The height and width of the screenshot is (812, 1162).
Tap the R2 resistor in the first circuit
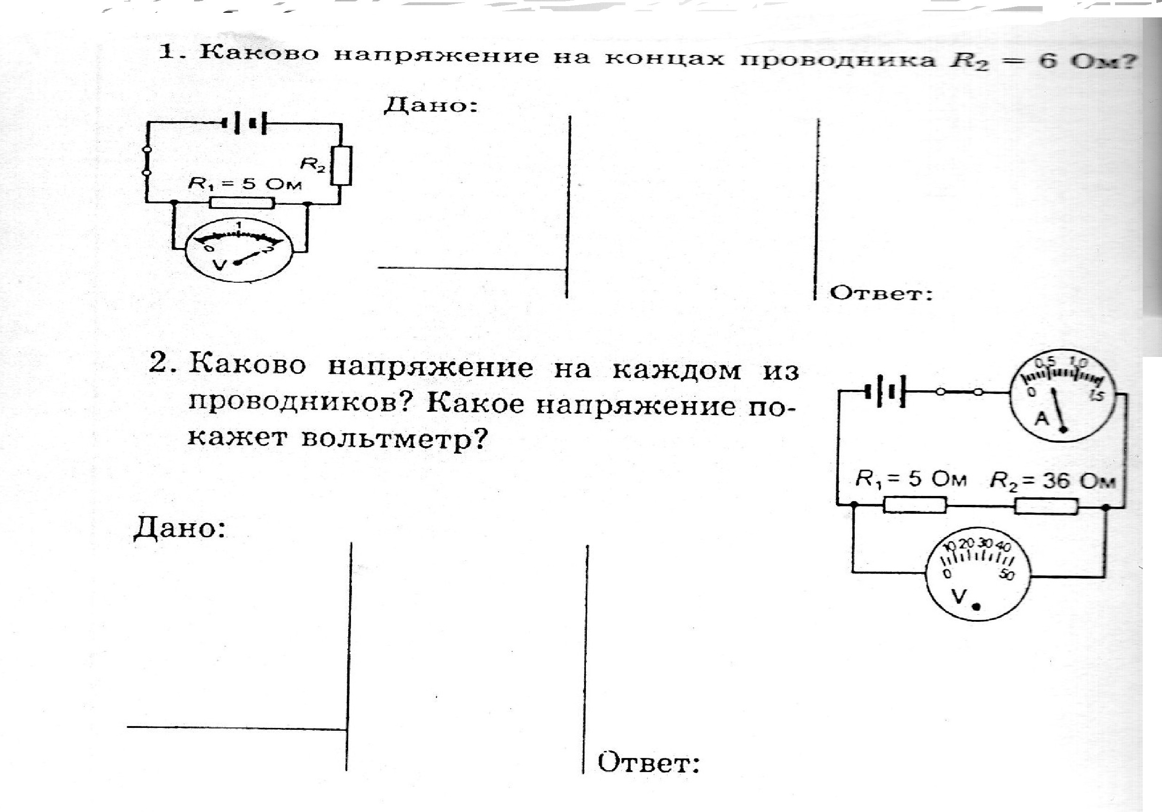click(x=342, y=165)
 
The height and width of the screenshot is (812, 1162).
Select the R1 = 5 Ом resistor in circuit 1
click(x=242, y=203)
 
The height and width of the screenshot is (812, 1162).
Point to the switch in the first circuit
click(x=147, y=162)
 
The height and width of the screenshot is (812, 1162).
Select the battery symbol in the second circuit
click(x=886, y=391)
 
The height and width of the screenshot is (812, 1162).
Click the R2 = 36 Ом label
click(x=1052, y=480)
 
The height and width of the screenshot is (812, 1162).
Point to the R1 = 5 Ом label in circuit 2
click(x=911, y=479)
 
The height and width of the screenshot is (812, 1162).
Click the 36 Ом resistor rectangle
click(x=1045, y=506)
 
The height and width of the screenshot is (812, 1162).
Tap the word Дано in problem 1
click(x=431, y=105)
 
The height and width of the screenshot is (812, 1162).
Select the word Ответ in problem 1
click(x=881, y=294)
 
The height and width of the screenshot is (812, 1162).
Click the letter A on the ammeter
click(x=1042, y=418)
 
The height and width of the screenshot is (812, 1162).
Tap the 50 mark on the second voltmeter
click(x=1006, y=575)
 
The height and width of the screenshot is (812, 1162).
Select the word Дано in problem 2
click(x=179, y=530)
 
